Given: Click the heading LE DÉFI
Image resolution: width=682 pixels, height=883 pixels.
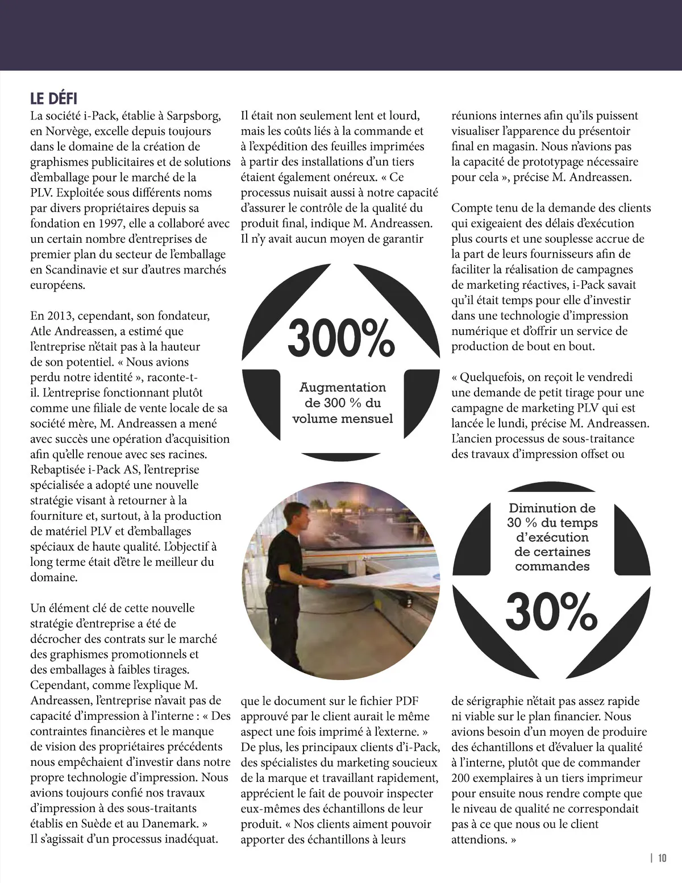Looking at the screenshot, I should click(x=53, y=98).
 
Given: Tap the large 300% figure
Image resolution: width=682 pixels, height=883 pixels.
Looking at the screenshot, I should click(x=341, y=338).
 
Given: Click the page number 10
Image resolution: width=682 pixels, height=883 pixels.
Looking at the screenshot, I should click(x=662, y=858).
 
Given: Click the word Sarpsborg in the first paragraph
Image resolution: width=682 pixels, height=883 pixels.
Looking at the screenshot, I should click(x=190, y=116).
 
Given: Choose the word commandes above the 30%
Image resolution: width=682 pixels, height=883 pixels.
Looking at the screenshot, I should click(x=552, y=566).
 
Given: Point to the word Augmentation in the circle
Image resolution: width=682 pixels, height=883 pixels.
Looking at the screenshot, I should click(x=342, y=387).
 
